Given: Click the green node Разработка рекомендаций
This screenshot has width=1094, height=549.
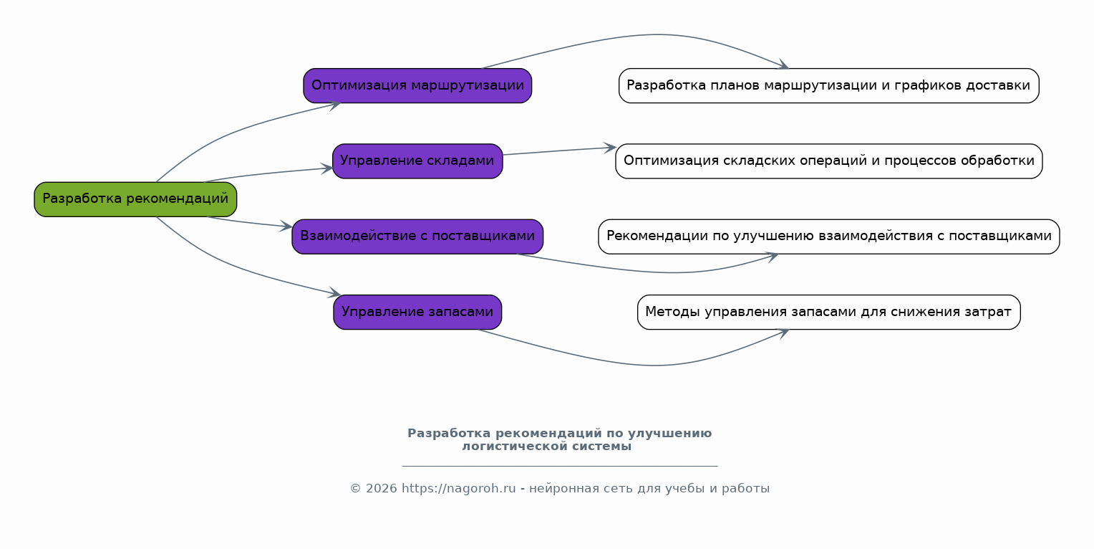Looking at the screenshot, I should coord(135,199).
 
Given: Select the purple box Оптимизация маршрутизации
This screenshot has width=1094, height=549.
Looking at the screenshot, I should coord(417,86).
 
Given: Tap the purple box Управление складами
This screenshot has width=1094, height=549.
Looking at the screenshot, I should coord(417,161).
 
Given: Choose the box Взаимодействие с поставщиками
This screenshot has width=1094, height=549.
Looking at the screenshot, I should coord(417,237).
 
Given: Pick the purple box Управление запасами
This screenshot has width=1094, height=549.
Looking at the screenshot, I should coord(417,312).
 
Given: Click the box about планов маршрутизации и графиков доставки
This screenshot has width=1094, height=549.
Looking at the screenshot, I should coord(828,86).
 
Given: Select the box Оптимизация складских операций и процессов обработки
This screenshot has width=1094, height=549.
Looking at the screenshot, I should coord(828,161).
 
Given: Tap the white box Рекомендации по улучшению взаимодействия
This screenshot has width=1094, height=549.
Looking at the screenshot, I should coord(828,237).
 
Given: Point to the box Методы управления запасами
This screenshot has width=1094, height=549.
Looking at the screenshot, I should coord(828,312).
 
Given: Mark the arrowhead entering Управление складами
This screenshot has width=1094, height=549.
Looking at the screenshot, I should coord(327,169).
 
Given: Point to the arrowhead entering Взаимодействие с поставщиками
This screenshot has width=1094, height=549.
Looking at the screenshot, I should coord(287,227).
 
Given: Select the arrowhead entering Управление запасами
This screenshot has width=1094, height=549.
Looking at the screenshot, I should coord(335,294).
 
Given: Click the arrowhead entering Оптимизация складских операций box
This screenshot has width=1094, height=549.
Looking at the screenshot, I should coord(611,148).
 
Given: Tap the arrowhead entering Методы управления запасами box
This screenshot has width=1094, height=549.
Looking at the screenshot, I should coord(783,332).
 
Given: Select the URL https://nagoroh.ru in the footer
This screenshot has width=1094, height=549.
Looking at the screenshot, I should coord(458,489).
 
